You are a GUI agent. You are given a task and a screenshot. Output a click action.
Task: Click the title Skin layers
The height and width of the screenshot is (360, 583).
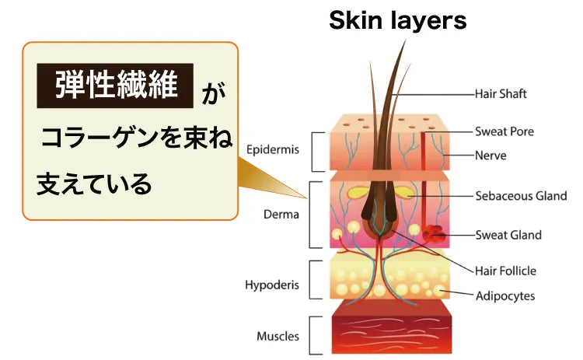[397, 20]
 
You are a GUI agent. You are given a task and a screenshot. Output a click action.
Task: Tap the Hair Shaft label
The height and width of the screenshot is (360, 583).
[501, 94]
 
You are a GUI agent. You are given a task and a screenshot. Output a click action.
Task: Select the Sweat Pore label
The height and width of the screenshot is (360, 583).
[504, 131]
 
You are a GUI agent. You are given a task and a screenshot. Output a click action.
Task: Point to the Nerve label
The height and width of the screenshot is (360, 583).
[490, 155]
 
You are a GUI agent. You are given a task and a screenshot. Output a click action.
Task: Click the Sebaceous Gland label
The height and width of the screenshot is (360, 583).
[521, 196]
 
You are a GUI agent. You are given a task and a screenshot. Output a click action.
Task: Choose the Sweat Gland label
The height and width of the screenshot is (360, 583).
[508, 235]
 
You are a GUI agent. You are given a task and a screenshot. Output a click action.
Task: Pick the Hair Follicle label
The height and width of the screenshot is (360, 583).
[506, 271]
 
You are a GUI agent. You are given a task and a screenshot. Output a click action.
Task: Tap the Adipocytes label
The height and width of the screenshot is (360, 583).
[505, 295]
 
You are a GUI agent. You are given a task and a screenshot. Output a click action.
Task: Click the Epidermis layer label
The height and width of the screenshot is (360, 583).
[272, 149]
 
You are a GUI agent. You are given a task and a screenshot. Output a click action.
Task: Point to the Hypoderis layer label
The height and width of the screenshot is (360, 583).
[273, 285]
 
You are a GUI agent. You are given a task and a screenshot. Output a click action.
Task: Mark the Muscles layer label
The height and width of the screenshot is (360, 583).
[278, 336]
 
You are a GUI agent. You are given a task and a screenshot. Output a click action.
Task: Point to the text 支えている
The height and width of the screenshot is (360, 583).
[94, 184]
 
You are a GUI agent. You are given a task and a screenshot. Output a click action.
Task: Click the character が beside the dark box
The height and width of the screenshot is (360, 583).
[212, 95]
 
